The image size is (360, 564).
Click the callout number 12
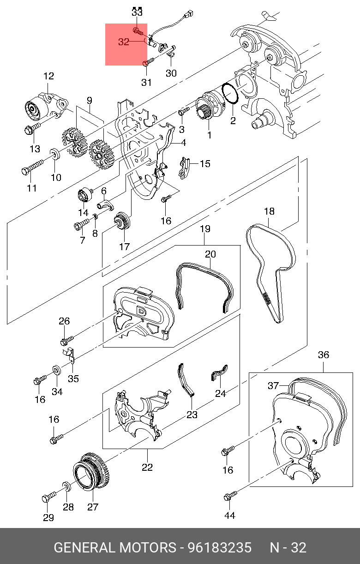pyautogui.click(x=49, y=76)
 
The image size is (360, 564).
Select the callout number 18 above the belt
pyautogui.click(x=269, y=211)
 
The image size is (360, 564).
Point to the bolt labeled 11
pyautogui.click(x=32, y=167)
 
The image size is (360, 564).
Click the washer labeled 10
pyautogui.click(x=54, y=153)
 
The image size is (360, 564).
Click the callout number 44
pyautogui.click(x=229, y=516)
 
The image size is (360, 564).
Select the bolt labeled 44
pyautogui.click(x=229, y=497)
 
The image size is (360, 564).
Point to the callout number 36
pyautogui.click(x=324, y=355)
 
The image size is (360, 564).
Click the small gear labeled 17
pyautogui.click(x=123, y=222)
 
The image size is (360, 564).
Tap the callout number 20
pyautogui.click(x=210, y=254)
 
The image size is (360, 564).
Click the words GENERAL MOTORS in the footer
pyautogui.click(x=115, y=548)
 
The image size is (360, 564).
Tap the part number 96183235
pyautogui.click(x=219, y=548)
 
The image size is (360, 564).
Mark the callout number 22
pyautogui.click(x=147, y=468)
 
